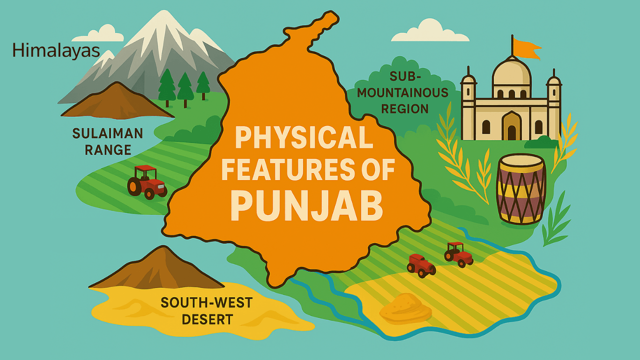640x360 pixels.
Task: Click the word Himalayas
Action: coord(56,50)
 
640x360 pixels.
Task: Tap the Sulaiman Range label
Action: coord(108,142)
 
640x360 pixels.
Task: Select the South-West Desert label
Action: coord(207,311)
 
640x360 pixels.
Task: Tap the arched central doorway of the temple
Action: coord(511,126)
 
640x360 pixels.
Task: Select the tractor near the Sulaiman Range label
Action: coord(147,182)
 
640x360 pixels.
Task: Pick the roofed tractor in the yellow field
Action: coord(458,255)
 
